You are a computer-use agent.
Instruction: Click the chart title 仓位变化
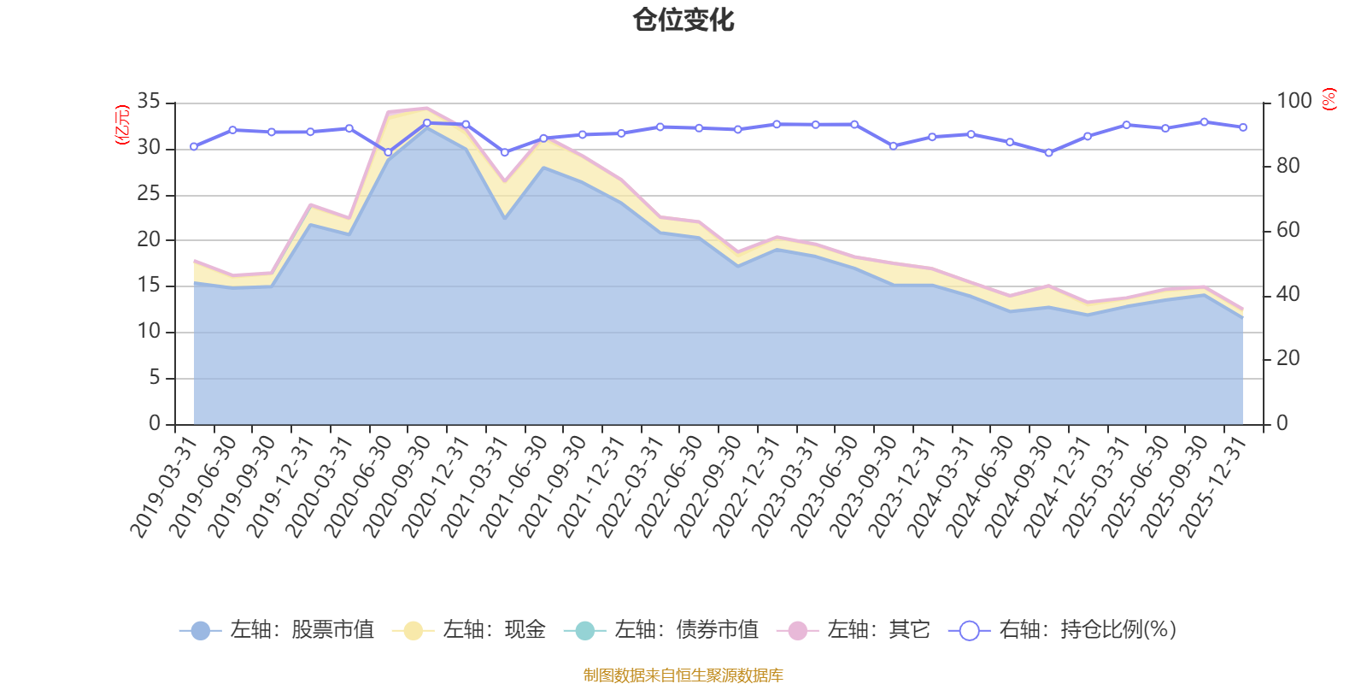[683, 20]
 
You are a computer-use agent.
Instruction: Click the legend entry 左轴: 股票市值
[277, 630]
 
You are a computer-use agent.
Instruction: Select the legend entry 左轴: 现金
[469, 630]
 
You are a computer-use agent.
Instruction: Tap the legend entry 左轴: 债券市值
[661, 630]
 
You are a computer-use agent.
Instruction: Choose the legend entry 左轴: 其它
[854, 630]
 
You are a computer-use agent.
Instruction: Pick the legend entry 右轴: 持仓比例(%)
[1063, 630]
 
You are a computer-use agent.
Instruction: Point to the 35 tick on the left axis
[149, 102]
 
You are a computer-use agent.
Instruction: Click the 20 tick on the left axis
[149, 240]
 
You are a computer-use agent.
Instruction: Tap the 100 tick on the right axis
[1294, 102]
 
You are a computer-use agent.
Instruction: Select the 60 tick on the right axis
[1288, 230]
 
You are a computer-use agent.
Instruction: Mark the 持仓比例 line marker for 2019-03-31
[194, 147]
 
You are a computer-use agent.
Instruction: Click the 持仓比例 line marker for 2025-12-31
[1243, 127]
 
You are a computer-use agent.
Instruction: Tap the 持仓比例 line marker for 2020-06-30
[388, 152]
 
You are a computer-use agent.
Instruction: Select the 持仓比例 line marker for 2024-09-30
[1049, 153]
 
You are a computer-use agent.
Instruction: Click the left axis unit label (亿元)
[122, 125]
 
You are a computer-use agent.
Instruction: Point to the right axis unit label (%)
[1329, 99]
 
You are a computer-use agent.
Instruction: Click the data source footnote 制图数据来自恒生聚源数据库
[683, 675]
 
